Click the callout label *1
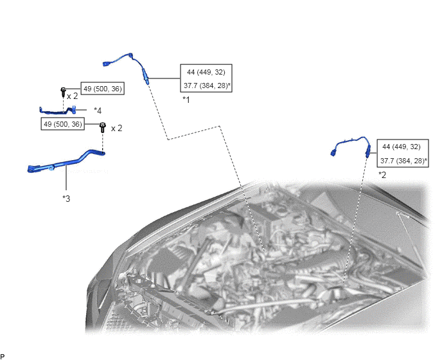pos(186,100)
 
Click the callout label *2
pos(382,175)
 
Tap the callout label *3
pos(66,199)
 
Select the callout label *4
pos(98,111)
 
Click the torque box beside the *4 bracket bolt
pos(103,89)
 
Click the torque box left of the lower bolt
pos(63,124)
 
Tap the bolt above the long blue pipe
pos(103,127)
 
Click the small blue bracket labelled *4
pos(58,110)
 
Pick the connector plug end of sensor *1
pos(107,64)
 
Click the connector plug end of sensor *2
pos(334,153)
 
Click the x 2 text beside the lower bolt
pos(117,129)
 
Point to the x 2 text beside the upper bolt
pos(72,96)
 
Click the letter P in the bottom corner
pos(3,357)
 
